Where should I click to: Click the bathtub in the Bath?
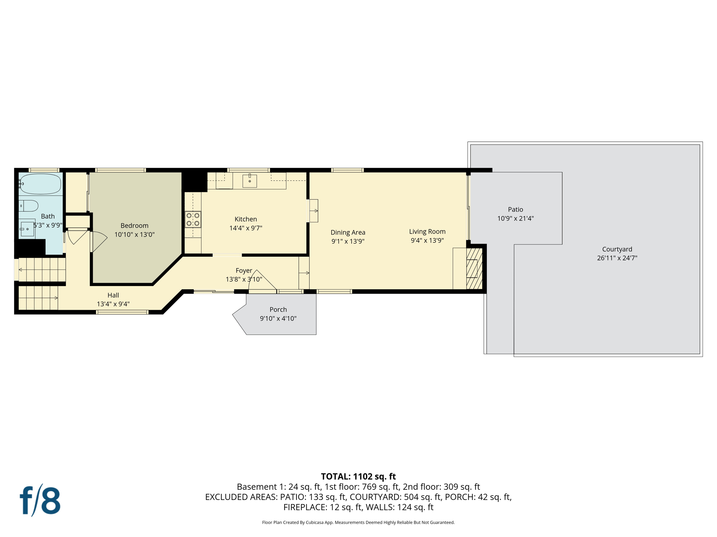coord(40,184)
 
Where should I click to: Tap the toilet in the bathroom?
coord(29,206)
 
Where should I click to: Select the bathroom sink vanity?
coord(27,229)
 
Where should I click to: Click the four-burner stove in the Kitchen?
coord(193,220)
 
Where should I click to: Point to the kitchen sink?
coord(250,181)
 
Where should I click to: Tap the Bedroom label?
coord(134,225)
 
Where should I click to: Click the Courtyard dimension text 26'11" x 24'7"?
coord(617,258)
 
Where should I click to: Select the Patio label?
coord(515,209)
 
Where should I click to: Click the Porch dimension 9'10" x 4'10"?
coord(278,318)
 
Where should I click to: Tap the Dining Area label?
coord(348,232)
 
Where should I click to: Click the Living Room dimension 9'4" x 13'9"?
coord(427,241)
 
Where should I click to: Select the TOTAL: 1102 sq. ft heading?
coord(358,477)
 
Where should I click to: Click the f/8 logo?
coord(40,500)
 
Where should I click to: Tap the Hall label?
coord(113,295)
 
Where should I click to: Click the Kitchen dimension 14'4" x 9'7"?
coord(245,228)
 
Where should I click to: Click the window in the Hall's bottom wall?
coord(122,312)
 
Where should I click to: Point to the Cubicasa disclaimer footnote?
coord(358,522)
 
